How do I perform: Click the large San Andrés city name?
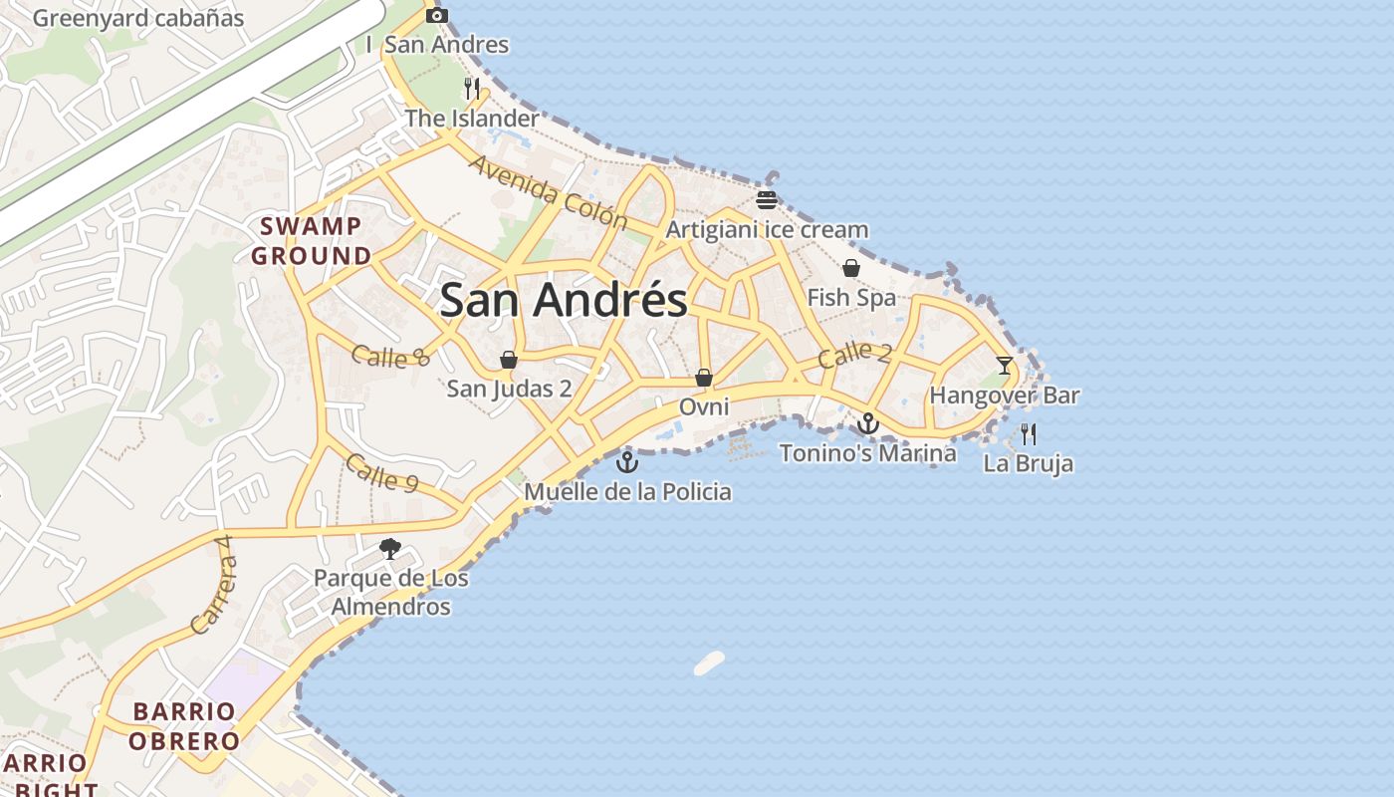(x=564, y=300)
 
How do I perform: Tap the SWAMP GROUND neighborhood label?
(x=311, y=241)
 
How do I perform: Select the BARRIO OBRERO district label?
(x=184, y=726)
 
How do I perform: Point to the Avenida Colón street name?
(x=547, y=191)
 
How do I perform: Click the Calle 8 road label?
(x=390, y=355)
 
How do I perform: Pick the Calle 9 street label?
(x=382, y=472)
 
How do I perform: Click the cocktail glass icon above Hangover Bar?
(x=1004, y=366)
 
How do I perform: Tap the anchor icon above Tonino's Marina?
(x=868, y=424)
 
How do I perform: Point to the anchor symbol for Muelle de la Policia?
(x=626, y=462)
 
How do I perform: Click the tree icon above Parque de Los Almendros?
(x=390, y=548)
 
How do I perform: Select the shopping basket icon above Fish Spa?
(x=851, y=268)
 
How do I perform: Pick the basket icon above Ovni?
(x=703, y=378)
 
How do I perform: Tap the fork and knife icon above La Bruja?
(x=1029, y=433)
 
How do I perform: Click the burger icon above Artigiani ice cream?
(x=766, y=199)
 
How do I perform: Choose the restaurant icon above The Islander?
(x=472, y=88)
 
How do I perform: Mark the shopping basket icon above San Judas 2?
(x=509, y=359)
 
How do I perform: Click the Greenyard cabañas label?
(x=138, y=18)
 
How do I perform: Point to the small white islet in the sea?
(x=709, y=663)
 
